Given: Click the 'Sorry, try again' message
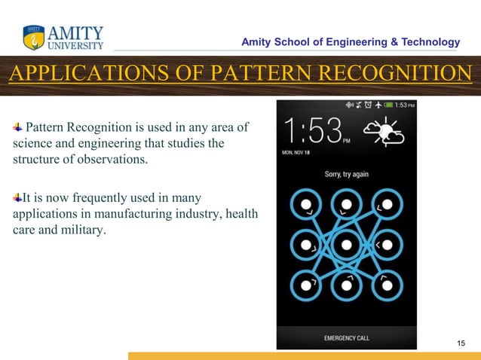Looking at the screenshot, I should pyautogui.click(x=346, y=174).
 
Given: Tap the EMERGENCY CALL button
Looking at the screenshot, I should pyautogui.click(x=346, y=338).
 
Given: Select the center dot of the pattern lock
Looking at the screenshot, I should pyautogui.click(x=346, y=245).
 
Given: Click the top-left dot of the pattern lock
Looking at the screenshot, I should pyautogui.click(x=305, y=204).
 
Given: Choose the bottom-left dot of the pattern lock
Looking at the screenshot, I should pyautogui.click(x=305, y=285).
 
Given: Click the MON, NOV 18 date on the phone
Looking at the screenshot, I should pyautogui.click(x=297, y=151).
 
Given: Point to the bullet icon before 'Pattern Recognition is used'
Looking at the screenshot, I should pyautogui.click(x=17, y=124).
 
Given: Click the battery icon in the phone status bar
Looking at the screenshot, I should pyautogui.click(x=390, y=105).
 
